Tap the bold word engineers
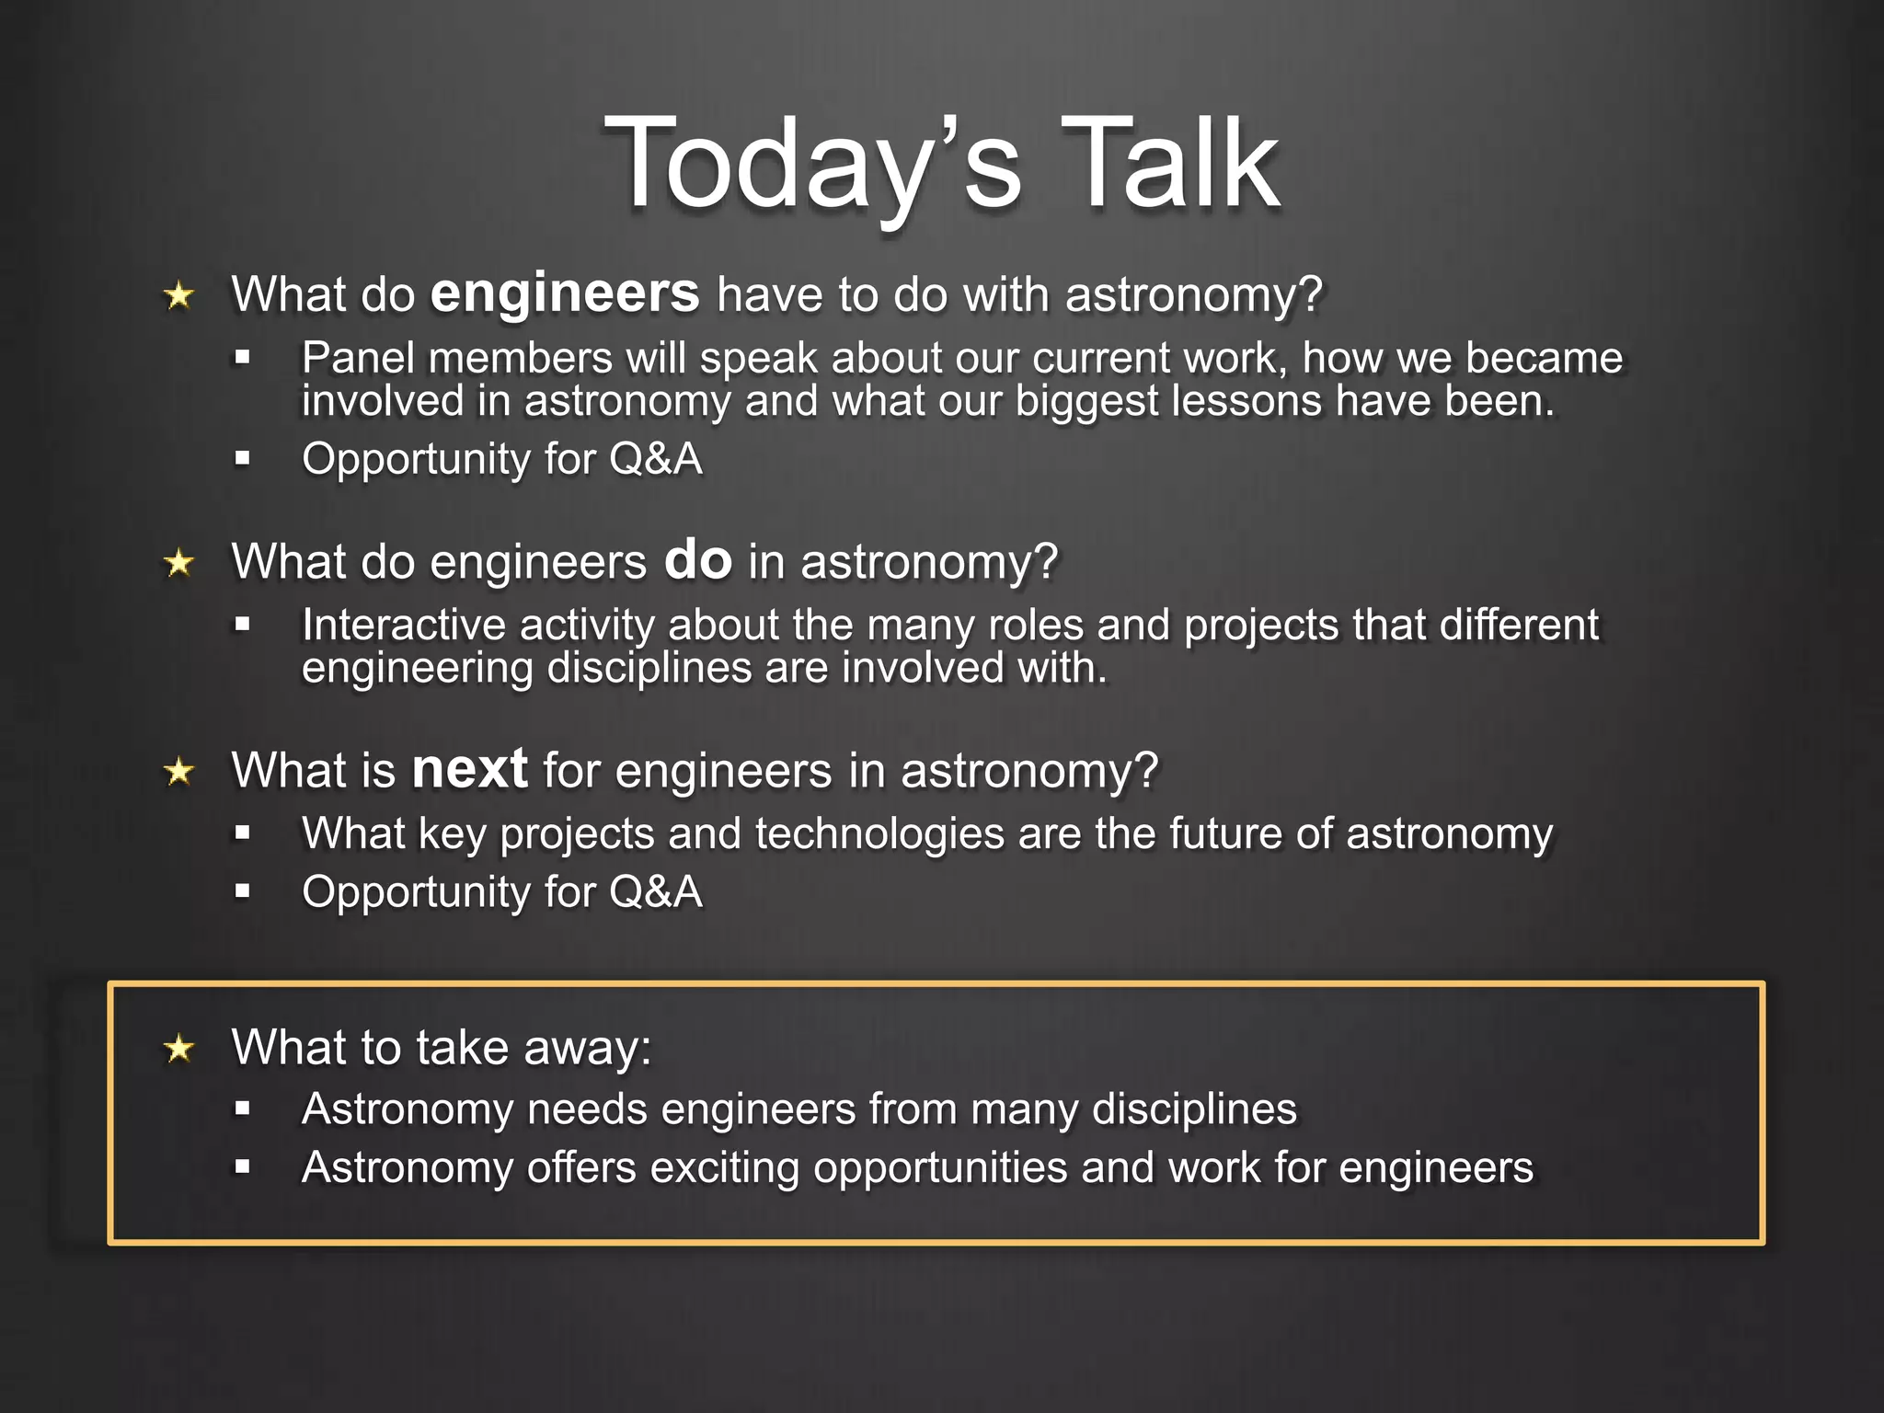click(565, 294)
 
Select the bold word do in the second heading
click(697, 560)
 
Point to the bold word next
click(469, 769)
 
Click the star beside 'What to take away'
click(179, 1048)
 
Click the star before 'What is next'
click(179, 771)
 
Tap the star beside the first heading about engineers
click(179, 296)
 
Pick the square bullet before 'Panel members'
click(242, 358)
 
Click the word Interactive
click(403, 625)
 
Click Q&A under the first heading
click(655, 458)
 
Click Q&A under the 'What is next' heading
click(655, 891)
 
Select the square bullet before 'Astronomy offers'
click(242, 1167)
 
